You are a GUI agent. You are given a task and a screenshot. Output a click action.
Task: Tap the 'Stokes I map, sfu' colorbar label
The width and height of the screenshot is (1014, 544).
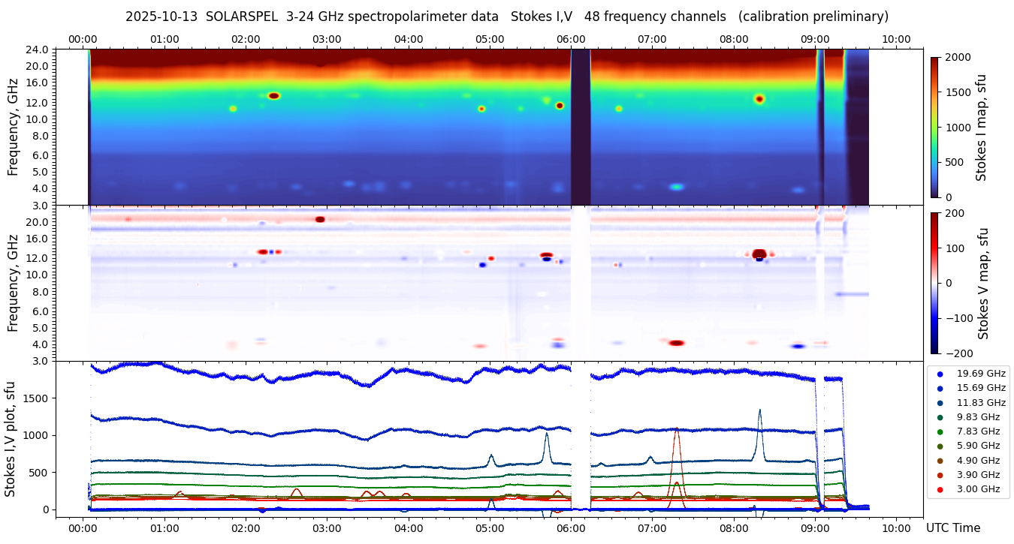pyautogui.click(x=981, y=127)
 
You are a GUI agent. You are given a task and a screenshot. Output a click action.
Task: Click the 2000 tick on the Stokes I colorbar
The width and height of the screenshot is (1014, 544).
pyautogui.click(x=958, y=57)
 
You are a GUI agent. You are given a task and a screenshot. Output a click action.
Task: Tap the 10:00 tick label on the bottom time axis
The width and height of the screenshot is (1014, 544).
pyautogui.click(x=896, y=527)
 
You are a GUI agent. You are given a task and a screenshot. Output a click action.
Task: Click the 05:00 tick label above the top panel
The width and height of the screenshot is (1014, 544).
pyautogui.click(x=490, y=39)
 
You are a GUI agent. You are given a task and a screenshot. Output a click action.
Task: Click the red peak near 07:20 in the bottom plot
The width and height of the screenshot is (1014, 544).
pyautogui.click(x=677, y=429)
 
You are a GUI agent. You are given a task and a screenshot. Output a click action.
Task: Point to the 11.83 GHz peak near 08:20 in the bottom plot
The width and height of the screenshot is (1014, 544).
pyautogui.click(x=759, y=410)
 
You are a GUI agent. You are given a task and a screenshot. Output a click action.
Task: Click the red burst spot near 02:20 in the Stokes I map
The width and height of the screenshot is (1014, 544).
pyautogui.click(x=273, y=96)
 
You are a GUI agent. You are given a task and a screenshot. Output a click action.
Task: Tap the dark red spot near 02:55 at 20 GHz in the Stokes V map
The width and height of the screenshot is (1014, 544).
pyautogui.click(x=320, y=219)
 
